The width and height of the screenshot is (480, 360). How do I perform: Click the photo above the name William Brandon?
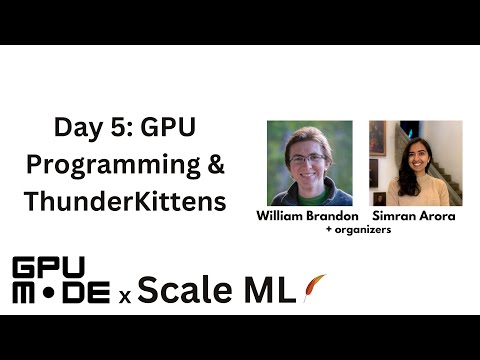tap(309, 163)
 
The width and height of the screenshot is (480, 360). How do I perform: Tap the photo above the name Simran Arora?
tap(415, 163)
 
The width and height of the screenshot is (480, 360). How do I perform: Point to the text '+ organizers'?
tap(357, 230)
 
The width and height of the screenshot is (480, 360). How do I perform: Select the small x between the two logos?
tap(125, 295)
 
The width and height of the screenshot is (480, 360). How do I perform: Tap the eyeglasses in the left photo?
tap(307, 158)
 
